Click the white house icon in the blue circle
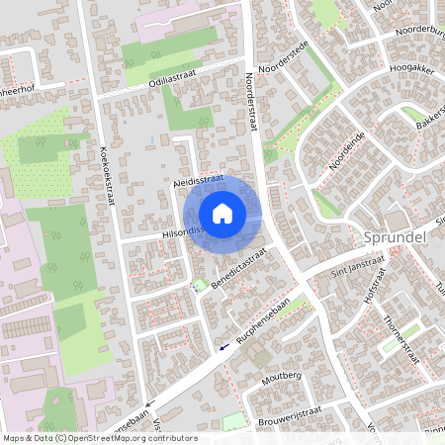click(x=222, y=213)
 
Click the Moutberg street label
click(x=281, y=378)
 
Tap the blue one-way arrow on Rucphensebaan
click(x=224, y=346)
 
